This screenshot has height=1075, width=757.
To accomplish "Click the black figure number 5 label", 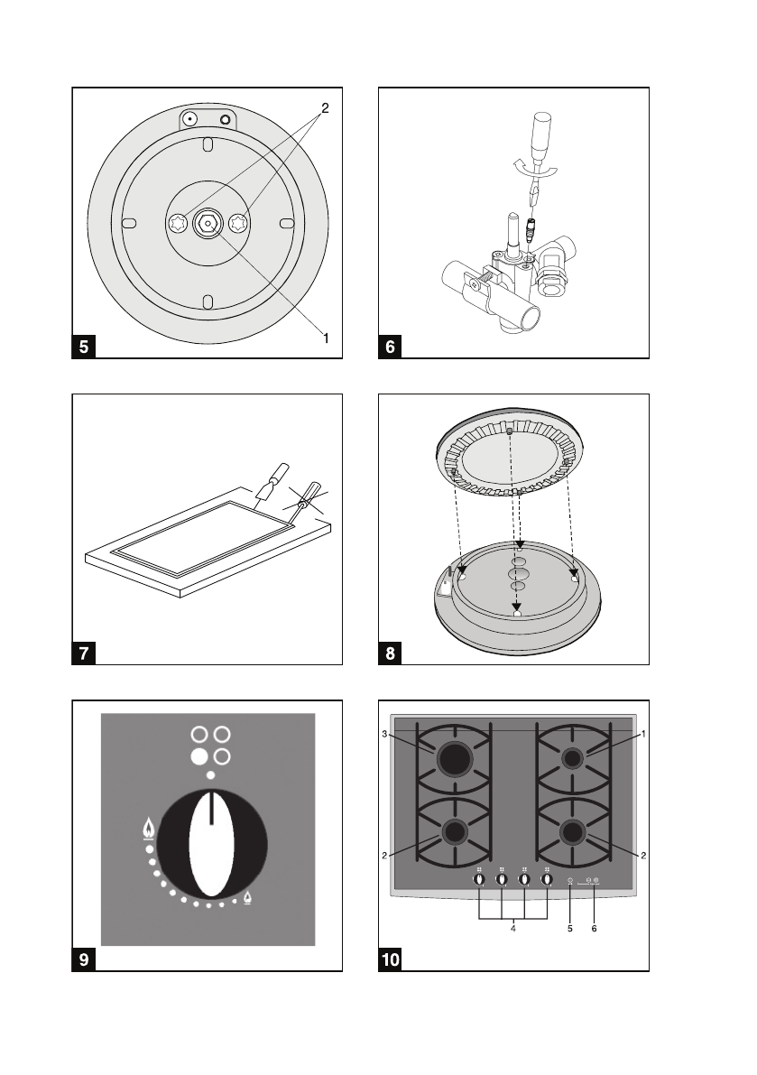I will (84, 347).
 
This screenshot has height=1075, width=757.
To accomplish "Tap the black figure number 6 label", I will (389, 347).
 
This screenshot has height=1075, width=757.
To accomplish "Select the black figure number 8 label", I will (389, 653).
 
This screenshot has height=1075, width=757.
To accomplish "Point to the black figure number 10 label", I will (391, 959).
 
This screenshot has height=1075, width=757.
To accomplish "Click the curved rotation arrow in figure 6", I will (518, 167).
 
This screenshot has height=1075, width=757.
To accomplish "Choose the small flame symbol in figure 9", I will (247, 898).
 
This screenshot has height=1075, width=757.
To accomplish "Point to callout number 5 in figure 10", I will (570, 927).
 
